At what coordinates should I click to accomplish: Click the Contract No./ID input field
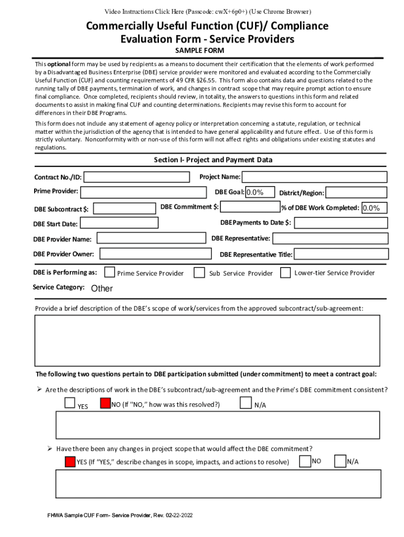click(x=136, y=177)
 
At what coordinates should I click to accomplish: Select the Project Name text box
click(x=314, y=177)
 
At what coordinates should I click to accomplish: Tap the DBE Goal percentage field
click(x=261, y=192)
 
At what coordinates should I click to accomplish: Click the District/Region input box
click(x=356, y=192)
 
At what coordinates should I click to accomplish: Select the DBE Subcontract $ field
click(x=124, y=209)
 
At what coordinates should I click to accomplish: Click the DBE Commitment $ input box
click(x=250, y=207)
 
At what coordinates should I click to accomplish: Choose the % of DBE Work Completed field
click(x=374, y=208)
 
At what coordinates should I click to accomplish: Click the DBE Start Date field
click(x=119, y=223)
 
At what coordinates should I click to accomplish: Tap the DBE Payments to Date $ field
click(x=341, y=223)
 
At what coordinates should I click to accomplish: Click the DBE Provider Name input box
click(x=152, y=238)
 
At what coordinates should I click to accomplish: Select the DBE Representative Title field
click(x=341, y=254)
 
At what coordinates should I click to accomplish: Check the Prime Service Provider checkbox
click(x=110, y=272)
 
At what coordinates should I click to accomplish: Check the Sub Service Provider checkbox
click(x=199, y=273)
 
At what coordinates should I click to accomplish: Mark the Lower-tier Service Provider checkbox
click(x=285, y=273)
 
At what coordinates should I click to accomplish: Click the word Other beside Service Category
click(x=102, y=288)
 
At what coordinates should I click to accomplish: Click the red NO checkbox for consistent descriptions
click(x=104, y=403)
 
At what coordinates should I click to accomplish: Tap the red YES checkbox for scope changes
click(x=70, y=461)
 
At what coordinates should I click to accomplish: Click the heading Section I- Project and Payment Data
click(x=212, y=160)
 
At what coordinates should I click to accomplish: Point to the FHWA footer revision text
click(x=120, y=515)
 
